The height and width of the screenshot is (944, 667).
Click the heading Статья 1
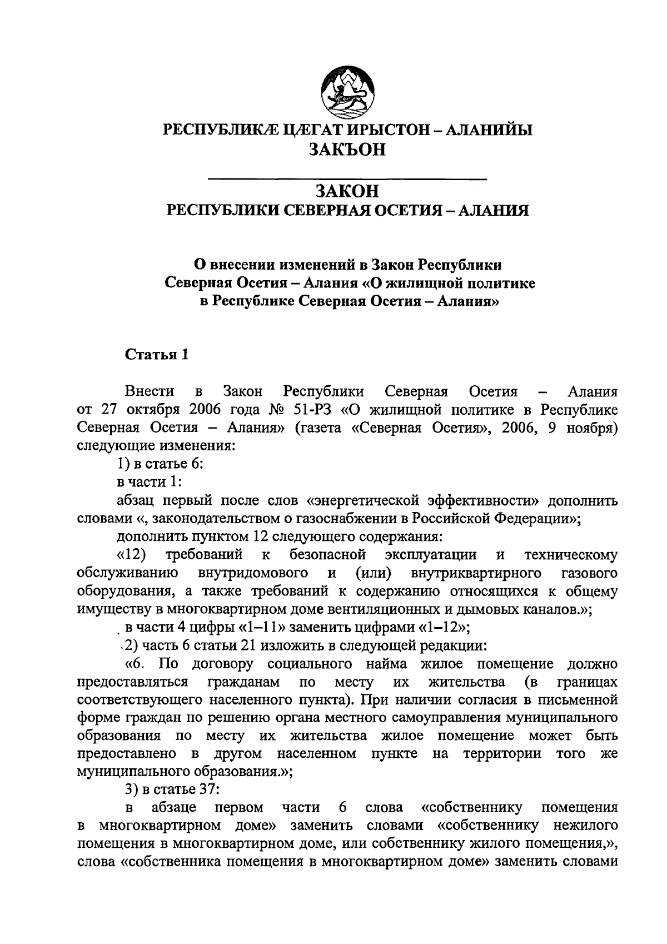(157, 355)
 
